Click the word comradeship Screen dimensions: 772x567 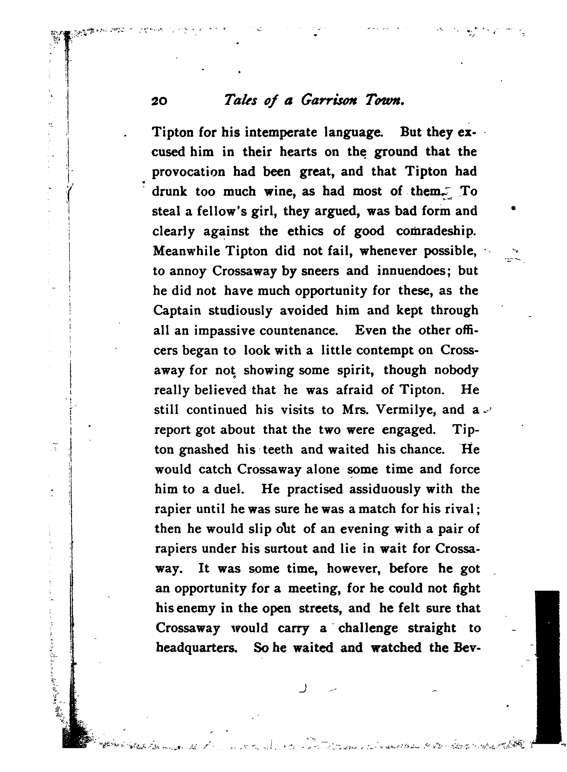(436, 232)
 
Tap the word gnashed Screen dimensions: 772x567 (204, 449)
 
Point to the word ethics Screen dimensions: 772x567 (305, 232)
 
